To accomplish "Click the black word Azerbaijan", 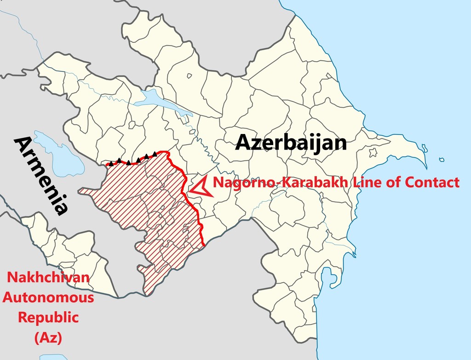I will coord(291,143).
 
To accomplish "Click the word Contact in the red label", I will coord(433,182).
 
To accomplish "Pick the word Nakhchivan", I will coord(48,278).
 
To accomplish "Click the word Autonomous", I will coord(48,297).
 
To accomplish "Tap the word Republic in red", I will coord(48,318).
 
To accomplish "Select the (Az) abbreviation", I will coord(48,338).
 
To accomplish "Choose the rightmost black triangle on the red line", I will coord(155,155).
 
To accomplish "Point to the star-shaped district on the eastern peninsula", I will coord(373,152).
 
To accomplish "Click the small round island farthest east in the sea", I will coord(442,160).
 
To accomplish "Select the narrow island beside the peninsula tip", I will coord(424,148).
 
